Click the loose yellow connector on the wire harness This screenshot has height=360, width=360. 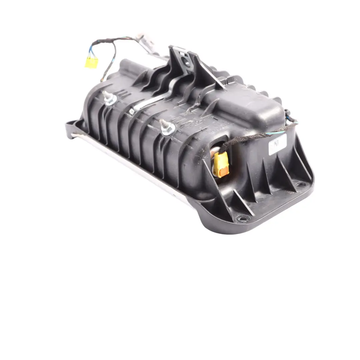tap(91, 62)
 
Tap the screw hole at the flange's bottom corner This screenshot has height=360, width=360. tap(242, 218)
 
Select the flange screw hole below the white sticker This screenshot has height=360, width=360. tap(300, 184)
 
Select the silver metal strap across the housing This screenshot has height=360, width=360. tap(157, 97)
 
